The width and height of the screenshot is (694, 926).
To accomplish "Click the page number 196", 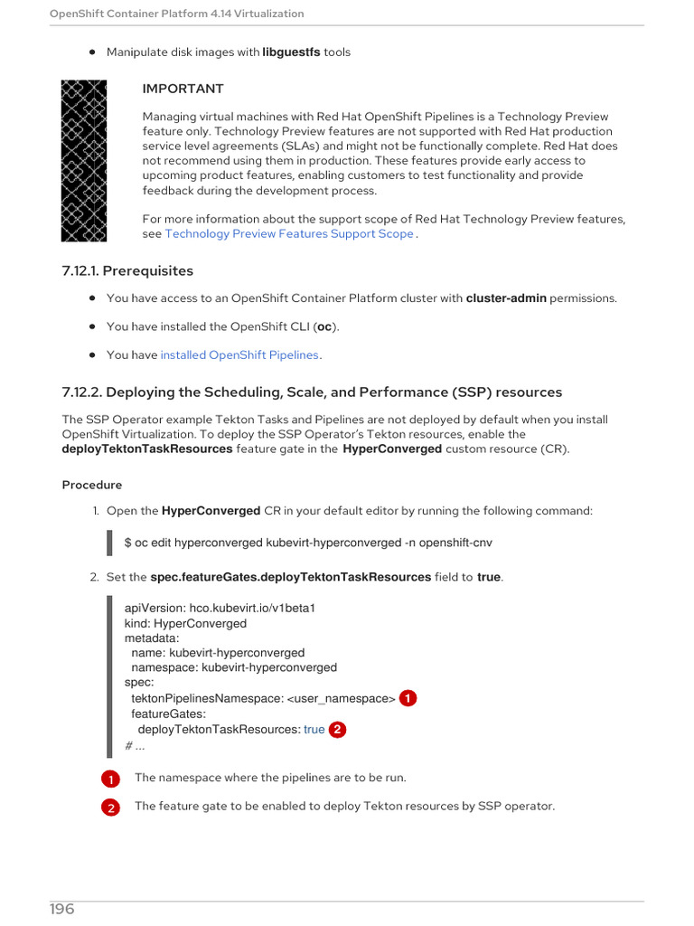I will (x=62, y=909).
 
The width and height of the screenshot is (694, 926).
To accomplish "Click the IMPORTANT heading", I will (x=183, y=89).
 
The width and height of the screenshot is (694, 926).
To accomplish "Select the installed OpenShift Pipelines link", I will (x=239, y=354).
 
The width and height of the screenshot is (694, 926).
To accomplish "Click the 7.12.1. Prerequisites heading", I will (x=127, y=270).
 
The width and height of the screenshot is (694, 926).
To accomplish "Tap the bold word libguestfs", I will (x=291, y=52).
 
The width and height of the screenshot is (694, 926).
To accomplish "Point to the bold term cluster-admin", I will (x=505, y=298).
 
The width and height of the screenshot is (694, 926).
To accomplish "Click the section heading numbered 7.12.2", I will (x=312, y=392).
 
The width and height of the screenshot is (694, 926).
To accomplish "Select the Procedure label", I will (x=92, y=485).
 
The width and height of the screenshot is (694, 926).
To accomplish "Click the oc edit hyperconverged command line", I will (x=308, y=543).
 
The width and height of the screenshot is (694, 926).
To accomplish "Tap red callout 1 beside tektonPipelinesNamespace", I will (x=408, y=698).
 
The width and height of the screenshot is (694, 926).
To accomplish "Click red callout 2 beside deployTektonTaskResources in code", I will (x=337, y=729).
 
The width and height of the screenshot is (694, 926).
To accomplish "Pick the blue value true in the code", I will (x=314, y=729).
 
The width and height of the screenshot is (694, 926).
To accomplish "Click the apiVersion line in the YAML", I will (x=220, y=608).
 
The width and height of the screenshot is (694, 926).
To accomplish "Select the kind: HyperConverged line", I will (x=185, y=623).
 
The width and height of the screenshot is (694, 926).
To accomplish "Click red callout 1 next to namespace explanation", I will (x=110, y=779).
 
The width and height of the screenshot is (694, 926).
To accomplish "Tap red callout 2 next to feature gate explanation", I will (x=110, y=808).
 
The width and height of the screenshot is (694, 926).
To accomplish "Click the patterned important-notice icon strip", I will (x=84, y=161).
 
